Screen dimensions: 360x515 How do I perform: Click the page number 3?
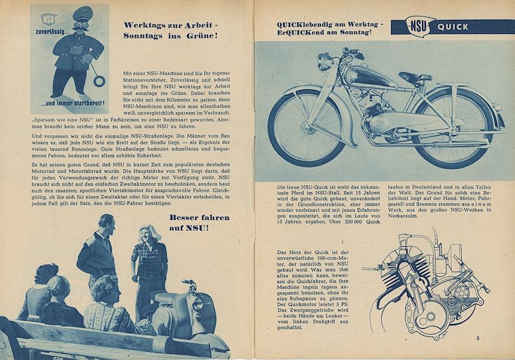(x=478, y=338)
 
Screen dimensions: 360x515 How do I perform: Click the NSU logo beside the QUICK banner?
(x=416, y=27)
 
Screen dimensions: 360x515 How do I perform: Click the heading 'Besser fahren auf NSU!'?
(x=199, y=224)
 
